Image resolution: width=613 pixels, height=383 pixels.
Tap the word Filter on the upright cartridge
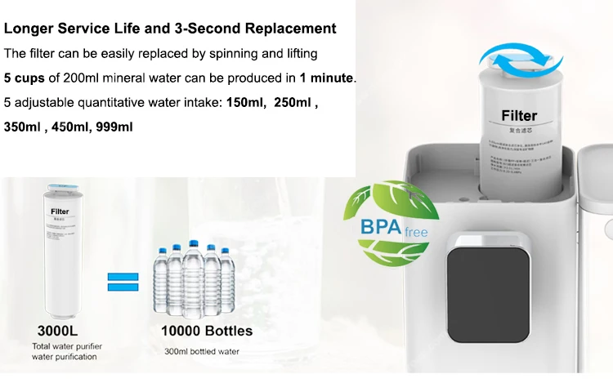point(519,115)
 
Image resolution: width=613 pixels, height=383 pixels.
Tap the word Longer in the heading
point(29,29)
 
